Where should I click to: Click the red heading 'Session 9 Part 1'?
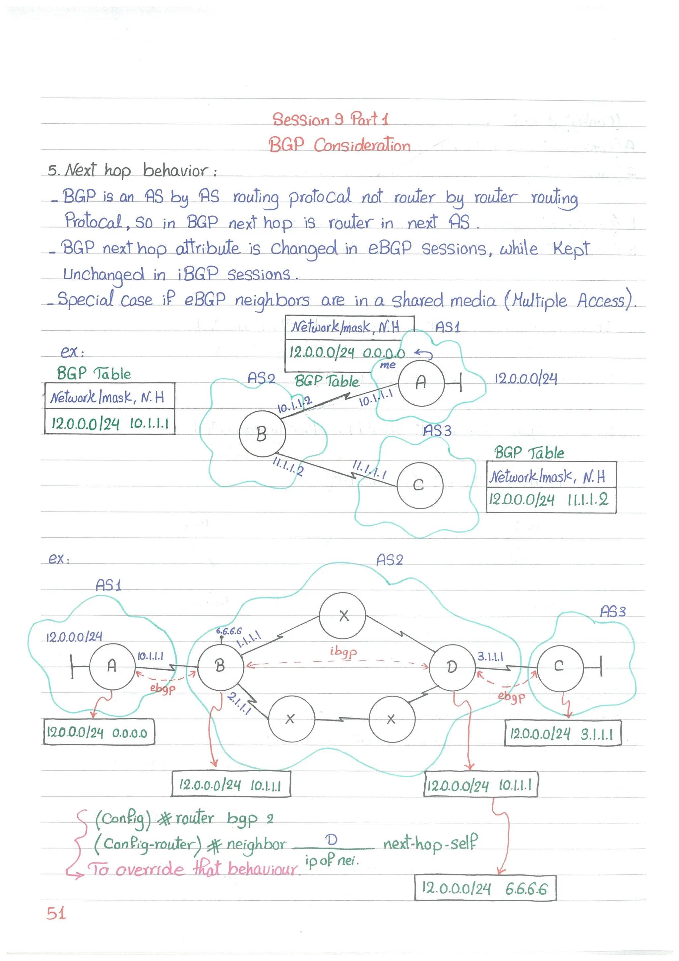(x=330, y=119)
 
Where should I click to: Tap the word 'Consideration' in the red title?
(x=362, y=145)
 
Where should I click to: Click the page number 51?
(x=56, y=913)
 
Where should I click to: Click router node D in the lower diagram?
(x=452, y=667)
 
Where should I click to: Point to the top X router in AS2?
(x=342, y=616)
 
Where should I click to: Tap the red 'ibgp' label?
(x=343, y=652)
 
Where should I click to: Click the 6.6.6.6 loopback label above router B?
(x=228, y=631)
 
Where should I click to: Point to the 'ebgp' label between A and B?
(x=162, y=689)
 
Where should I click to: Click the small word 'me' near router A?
(x=387, y=365)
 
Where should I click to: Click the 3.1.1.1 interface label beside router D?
(x=490, y=656)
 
